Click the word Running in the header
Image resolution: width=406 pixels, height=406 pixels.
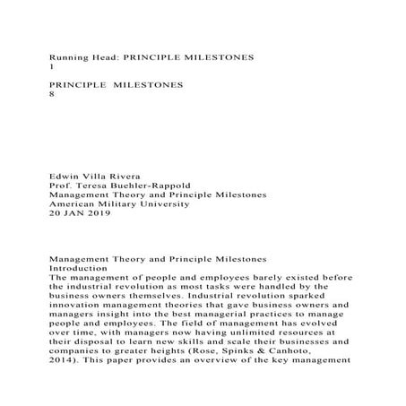point(71,56)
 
